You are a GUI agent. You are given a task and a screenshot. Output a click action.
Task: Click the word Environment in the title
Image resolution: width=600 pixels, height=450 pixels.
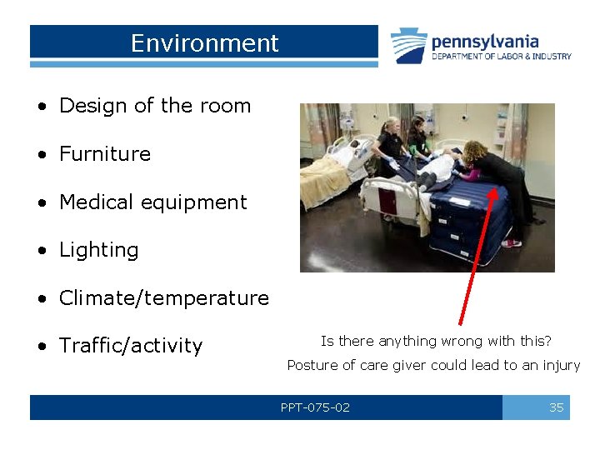204,43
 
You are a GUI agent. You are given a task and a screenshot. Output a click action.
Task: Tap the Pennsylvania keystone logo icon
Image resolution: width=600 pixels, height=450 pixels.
409,46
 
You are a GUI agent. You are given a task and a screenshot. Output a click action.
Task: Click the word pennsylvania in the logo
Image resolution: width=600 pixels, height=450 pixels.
485,41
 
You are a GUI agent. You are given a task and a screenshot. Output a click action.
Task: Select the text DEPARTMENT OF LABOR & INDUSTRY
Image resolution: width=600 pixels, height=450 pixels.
501,57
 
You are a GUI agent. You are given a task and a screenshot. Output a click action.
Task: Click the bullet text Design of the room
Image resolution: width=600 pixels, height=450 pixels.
155,106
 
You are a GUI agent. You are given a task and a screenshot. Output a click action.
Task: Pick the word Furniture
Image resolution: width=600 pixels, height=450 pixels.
105,154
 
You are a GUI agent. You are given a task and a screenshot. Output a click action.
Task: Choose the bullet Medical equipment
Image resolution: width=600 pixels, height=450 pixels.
152,202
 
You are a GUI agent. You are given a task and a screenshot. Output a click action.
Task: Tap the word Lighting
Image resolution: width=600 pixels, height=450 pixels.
98,250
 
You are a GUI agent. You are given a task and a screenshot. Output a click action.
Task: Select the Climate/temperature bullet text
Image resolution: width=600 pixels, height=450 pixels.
164,298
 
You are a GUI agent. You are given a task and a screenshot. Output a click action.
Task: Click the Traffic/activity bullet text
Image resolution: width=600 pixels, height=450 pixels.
131,346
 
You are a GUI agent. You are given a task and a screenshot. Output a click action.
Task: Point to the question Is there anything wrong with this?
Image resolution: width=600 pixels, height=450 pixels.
436,341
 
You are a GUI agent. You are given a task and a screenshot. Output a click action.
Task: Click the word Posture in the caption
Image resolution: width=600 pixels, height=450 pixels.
311,365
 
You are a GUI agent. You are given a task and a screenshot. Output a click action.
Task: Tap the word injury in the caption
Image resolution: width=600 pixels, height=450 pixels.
562,365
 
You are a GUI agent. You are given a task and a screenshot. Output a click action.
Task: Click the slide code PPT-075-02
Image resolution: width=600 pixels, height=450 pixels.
315,407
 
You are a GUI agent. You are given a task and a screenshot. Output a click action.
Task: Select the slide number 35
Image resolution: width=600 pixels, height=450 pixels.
556,407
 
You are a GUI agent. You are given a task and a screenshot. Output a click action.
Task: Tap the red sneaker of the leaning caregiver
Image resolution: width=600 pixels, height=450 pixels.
512,243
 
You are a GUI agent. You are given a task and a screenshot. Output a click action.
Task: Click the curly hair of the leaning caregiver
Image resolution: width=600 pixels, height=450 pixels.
477,153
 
